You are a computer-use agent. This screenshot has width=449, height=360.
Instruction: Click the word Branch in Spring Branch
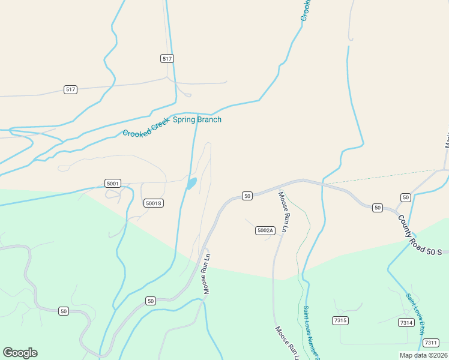tap(210, 119)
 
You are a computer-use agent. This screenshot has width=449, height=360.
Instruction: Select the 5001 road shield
tap(112, 183)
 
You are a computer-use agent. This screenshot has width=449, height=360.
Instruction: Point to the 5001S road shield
tap(154, 203)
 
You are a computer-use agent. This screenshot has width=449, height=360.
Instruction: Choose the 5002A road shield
tap(265, 230)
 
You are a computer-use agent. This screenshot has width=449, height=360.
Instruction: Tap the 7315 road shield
tap(340, 320)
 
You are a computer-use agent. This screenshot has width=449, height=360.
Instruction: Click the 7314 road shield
tap(406, 323)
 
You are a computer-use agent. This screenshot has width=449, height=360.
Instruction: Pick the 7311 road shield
tap(430, 343)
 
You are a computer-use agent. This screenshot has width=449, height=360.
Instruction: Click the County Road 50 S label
tap(420, 235)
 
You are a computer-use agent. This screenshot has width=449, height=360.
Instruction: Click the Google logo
tap(20, 353)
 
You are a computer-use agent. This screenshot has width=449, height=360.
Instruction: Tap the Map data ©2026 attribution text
tap(423, 355)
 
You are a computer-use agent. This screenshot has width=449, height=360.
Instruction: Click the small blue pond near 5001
tap(191, 183)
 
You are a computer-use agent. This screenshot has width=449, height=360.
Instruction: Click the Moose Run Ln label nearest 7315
tap(285, 343)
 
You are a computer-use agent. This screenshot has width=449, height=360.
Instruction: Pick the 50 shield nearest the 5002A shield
tap(247, 196)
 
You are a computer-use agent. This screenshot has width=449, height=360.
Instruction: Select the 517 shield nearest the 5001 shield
tap(71, 89)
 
